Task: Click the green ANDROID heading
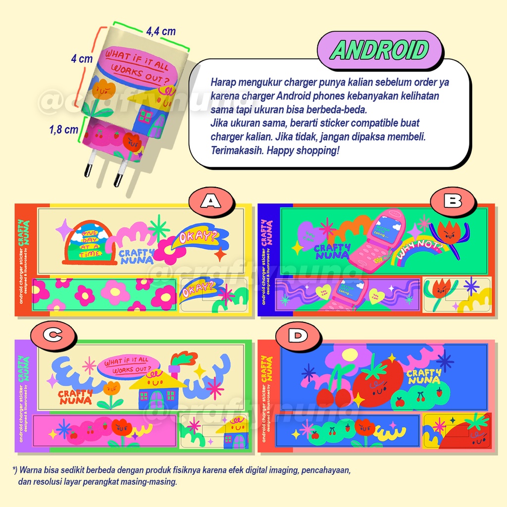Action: coord(380,50)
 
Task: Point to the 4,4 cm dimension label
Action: coord(160,31)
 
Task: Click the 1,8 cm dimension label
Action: coord(64,130)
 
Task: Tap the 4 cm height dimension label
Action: coord(82,59)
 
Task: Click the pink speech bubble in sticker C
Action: coord(129,366)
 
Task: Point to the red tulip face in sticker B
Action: coord(449,231)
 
